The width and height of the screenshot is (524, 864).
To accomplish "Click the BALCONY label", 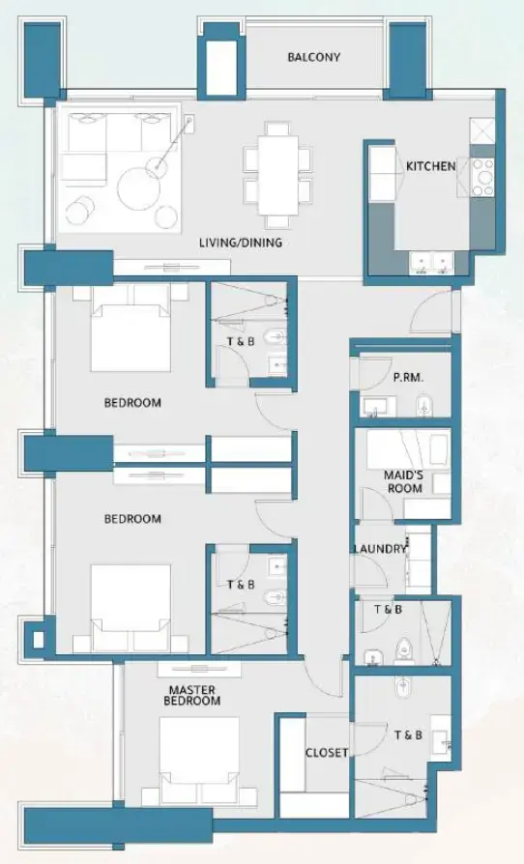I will point(313,57).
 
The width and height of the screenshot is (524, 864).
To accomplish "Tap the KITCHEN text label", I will point(430,166).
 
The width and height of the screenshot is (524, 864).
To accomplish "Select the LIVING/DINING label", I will point(241,243).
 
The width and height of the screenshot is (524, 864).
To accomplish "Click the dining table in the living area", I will point(277,175).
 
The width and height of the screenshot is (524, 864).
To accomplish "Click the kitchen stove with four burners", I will point(482,177).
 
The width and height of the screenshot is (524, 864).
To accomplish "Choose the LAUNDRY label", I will point(380,549).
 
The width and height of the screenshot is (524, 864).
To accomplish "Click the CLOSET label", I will point(326,753).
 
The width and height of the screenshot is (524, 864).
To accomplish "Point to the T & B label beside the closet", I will point(408,735).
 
